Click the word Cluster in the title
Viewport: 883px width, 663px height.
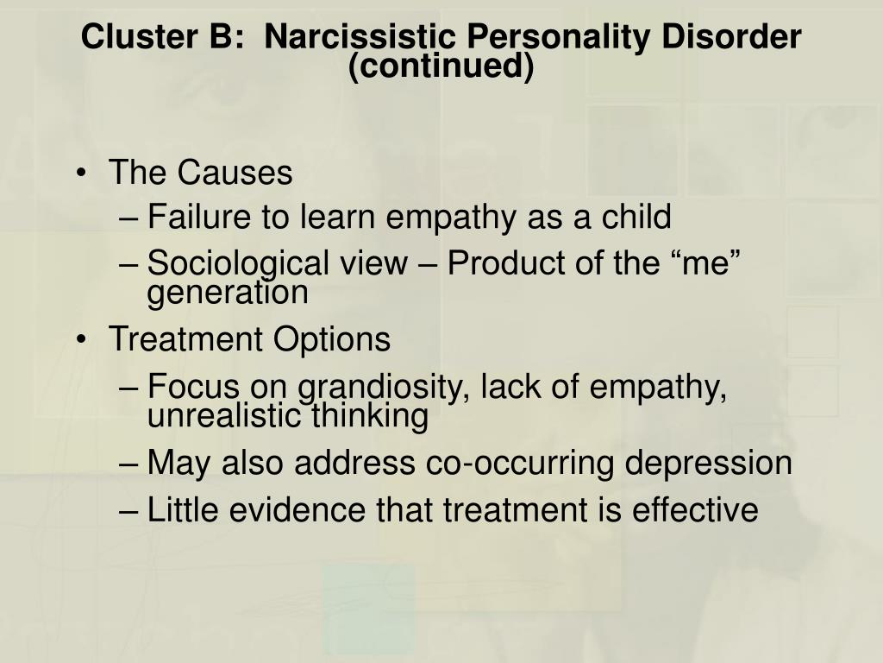click(139, 36)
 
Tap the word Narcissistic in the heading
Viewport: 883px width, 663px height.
click(360, 36)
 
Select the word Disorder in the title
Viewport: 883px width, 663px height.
click(731, 36)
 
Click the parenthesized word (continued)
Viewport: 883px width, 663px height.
click(441, 66)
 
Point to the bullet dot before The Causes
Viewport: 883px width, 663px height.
click(82, 172)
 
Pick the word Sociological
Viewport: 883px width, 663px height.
click(238, 263)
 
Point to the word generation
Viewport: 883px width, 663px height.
click(228, 293)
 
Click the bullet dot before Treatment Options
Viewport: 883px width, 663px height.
click(82, 338)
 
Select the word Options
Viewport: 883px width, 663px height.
click(332, 338)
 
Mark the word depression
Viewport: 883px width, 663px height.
click(709, 463)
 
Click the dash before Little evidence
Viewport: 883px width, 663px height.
click(129, 511)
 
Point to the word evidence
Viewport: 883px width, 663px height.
click(297, 509)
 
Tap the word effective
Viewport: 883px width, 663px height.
click(695, 509)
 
